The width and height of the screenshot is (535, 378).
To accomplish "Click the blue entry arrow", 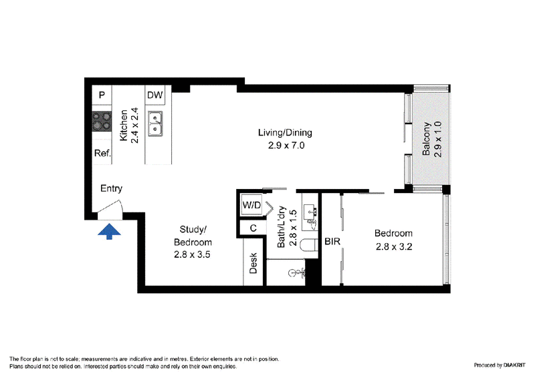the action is [x=109, y=232].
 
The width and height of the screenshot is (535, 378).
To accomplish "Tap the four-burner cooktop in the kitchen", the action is [x=102, y=122].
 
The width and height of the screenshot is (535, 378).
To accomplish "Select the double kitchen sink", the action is [x=155, y=124].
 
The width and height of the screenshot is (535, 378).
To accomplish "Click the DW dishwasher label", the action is [x=155, y=95].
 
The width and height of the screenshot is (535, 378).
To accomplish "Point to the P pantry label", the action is [x=102, y=95].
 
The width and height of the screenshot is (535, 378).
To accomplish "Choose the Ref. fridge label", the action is [x=103, y=153].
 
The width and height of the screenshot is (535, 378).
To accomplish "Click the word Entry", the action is [x=111, y=188].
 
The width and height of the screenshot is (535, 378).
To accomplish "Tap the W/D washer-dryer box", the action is [x=251, y=205].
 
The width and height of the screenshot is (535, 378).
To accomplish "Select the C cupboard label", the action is [x=253, y=228].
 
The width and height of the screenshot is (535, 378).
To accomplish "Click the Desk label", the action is [x=253, y=263].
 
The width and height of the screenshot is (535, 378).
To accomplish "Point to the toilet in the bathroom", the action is [x=309, y=245].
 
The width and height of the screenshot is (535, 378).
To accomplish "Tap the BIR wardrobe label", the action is [x=332, y=241].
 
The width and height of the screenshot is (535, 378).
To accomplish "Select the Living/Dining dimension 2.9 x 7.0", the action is [x=286, y=146].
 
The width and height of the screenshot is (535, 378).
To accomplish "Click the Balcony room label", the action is [x=426, y=139].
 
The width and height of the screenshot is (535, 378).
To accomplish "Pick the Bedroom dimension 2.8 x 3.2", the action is [x=394, y=246].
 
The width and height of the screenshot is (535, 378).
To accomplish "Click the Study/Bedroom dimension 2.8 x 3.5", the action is [x=192, y=254].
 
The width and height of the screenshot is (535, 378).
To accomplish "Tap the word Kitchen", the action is [x=124, y=125].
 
